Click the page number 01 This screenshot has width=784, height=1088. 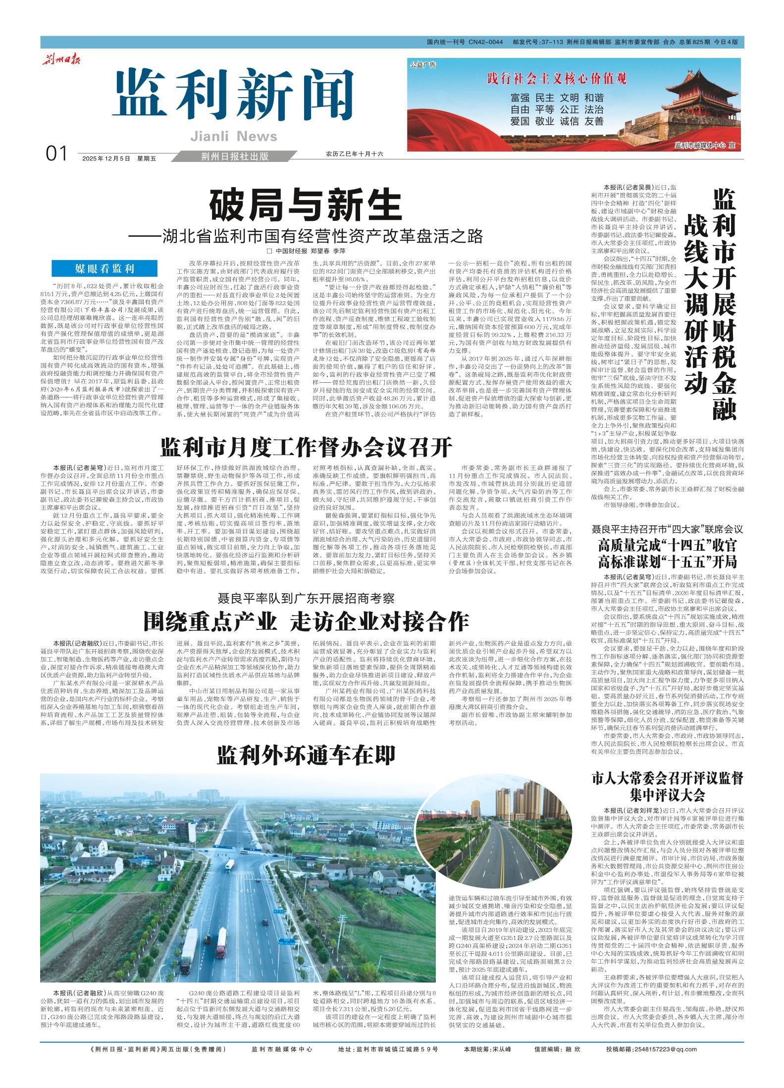tap(56, 155)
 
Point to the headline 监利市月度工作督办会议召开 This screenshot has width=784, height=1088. tap(307, 448)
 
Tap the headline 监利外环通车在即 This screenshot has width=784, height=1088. tap(306, 755)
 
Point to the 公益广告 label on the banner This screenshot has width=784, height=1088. tap(422, 65)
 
